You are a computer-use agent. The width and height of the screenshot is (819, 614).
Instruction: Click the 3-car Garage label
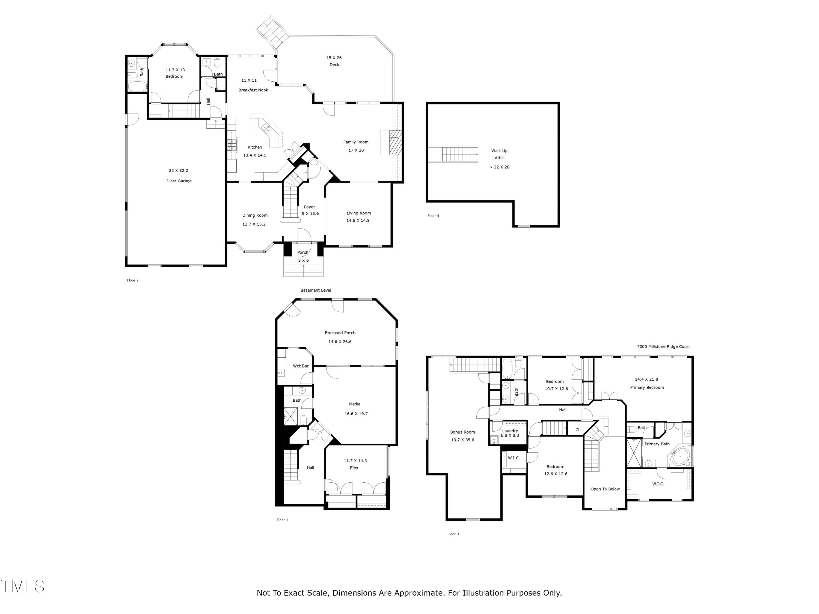pyautogui.click(x=179, y=181)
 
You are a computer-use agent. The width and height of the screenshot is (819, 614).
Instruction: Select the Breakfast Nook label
pyautogui.click(x=253, y=90)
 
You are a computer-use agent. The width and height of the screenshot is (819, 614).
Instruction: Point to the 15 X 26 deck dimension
pyautogui.click(x=334, y=58)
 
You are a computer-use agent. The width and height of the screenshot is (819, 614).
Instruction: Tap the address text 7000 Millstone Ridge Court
pyautogui.click(x=663, y=347)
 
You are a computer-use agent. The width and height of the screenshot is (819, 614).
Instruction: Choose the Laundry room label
pyautogui.click(x=510, y=431)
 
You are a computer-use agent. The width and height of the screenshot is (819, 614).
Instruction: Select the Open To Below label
pyautogui.click(x=605, y=489)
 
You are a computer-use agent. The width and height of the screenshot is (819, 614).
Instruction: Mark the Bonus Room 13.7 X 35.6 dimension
pyautogui.click(x=462, y=440)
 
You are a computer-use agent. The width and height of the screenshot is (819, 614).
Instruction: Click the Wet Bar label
pyautogui.click(x=301, y=366)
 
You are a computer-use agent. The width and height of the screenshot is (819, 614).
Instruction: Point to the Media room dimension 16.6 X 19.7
pyautogui.click(x=356, y=414)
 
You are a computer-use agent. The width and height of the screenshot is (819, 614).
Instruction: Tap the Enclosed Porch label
pyautogui.click(x=340, y=333)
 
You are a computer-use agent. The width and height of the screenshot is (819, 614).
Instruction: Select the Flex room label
pyautogui.click(x=354, y=468)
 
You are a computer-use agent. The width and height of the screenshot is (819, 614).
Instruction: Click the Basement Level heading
pyautogui.click(x=316, y=290)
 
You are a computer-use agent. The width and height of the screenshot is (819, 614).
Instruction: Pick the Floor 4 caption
pyautogui.click(x=433, y=215)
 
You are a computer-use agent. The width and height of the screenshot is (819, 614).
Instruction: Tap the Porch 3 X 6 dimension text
pyautogui.click(x=303, y=260)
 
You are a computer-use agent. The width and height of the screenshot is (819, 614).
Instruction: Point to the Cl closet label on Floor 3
pyautogui.click(x=577, y=430)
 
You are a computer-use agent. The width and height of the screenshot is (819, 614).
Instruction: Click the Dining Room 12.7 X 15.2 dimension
pyautogui.click(x=254, y=224)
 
